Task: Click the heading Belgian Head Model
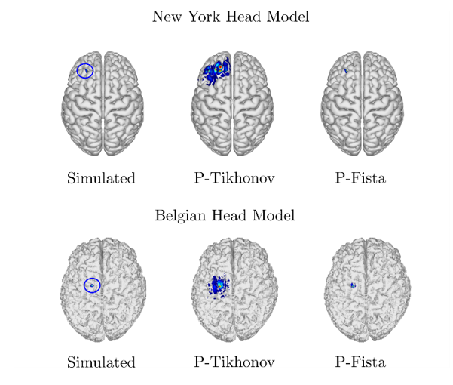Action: pos(225,215)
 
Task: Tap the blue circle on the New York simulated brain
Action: pos(86,71)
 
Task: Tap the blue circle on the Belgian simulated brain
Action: pos(92,285)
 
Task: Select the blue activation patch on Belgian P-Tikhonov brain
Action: pos(220,285)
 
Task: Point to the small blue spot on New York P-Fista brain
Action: pos(345,71)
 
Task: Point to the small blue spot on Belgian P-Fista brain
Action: pos(352,285)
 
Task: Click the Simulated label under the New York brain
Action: pos(101,179)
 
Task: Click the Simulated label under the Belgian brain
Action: pos(101,362)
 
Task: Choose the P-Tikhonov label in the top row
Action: pos(234,179)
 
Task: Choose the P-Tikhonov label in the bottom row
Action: pos(234,362)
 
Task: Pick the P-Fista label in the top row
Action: pos(360,179)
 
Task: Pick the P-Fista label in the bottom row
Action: pos(360,362)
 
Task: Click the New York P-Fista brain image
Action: pos(360,106)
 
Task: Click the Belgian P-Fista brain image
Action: pos(360,291)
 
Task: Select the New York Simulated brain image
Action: pos(102,106)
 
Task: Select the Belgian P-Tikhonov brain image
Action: pos(232,291)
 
